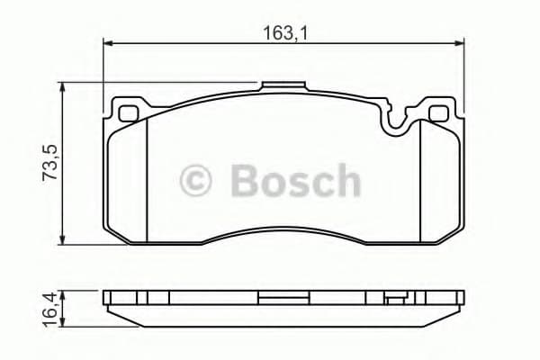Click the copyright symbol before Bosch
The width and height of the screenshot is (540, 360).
[198, 180]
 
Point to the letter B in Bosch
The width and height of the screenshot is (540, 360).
[245, 180]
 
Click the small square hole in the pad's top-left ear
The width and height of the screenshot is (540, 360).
[128, 114]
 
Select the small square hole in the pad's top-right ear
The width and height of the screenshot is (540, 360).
[439, 114]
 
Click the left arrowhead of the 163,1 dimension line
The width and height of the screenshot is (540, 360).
[108, 42]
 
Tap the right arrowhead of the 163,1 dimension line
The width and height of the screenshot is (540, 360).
[461, 42]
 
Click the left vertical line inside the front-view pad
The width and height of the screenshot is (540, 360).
[147, 180]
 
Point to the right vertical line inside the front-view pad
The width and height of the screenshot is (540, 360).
[420, 180]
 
